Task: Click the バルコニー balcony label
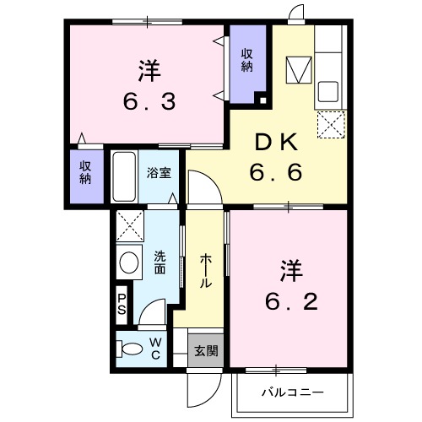(290, 392)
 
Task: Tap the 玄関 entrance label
(205, 349)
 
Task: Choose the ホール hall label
(205, 272)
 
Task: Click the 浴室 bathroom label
(159, 173)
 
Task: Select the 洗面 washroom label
(160, 262)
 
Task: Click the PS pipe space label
(122, 303)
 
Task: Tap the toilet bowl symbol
(132, 348)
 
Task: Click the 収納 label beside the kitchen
(247, 61)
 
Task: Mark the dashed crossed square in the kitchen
(330, 127)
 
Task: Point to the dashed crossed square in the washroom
(130, 226)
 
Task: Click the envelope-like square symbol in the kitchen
(298, 69)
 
